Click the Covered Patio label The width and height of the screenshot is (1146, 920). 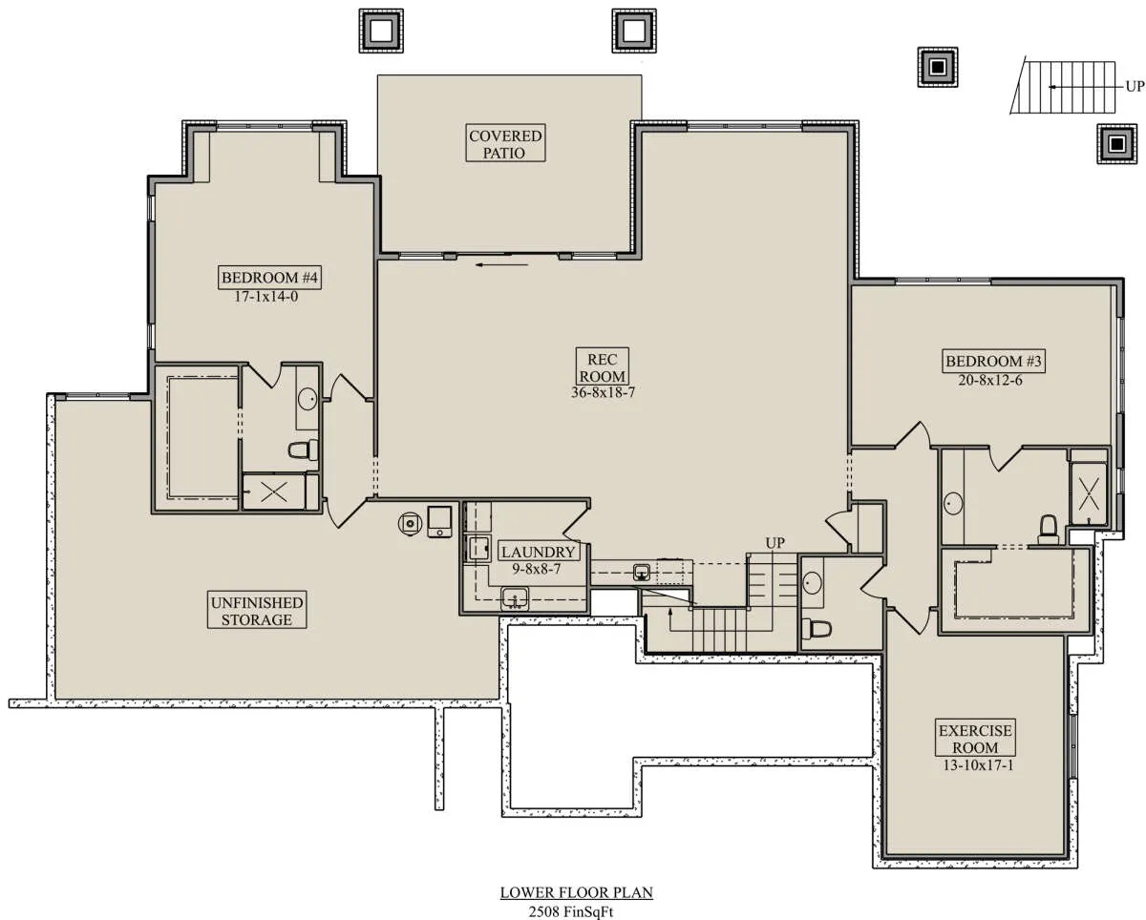[505, 144]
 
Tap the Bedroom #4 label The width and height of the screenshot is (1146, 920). [269, 277]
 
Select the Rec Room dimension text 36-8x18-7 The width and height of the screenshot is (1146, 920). [603, 392]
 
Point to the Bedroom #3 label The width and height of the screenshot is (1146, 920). [993, 361]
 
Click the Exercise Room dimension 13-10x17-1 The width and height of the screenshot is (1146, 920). [978, 765]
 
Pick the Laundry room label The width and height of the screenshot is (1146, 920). [538, 552]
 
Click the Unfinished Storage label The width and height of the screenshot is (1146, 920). [257, 611]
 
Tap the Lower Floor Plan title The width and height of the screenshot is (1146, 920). [576, 892]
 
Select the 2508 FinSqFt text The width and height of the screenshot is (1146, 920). [571, 911]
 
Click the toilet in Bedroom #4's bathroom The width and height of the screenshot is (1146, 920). [304, 450]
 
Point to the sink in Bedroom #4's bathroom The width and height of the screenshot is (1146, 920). [308, 399]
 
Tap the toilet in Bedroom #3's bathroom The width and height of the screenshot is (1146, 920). [1048, 529]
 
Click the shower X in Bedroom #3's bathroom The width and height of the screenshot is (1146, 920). [1089, 492]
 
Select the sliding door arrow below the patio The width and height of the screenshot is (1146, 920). [501, 264]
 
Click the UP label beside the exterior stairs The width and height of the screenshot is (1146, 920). [1135, 86]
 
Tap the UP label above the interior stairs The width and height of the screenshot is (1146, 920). [775, 543]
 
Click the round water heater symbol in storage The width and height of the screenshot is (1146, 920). [410, 524]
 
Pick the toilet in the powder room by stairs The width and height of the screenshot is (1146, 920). [817, 629]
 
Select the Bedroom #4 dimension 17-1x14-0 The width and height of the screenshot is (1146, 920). [266, 297]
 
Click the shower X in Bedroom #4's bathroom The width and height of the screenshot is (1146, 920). [274, 491]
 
